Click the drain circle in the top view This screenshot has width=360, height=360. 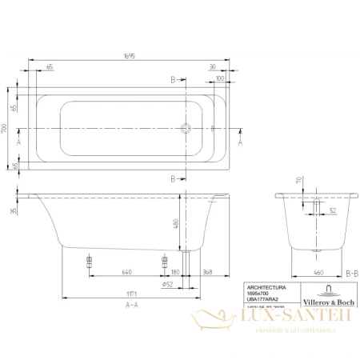(x=186, y=128)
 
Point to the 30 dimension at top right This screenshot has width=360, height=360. (x=213, y=67)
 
